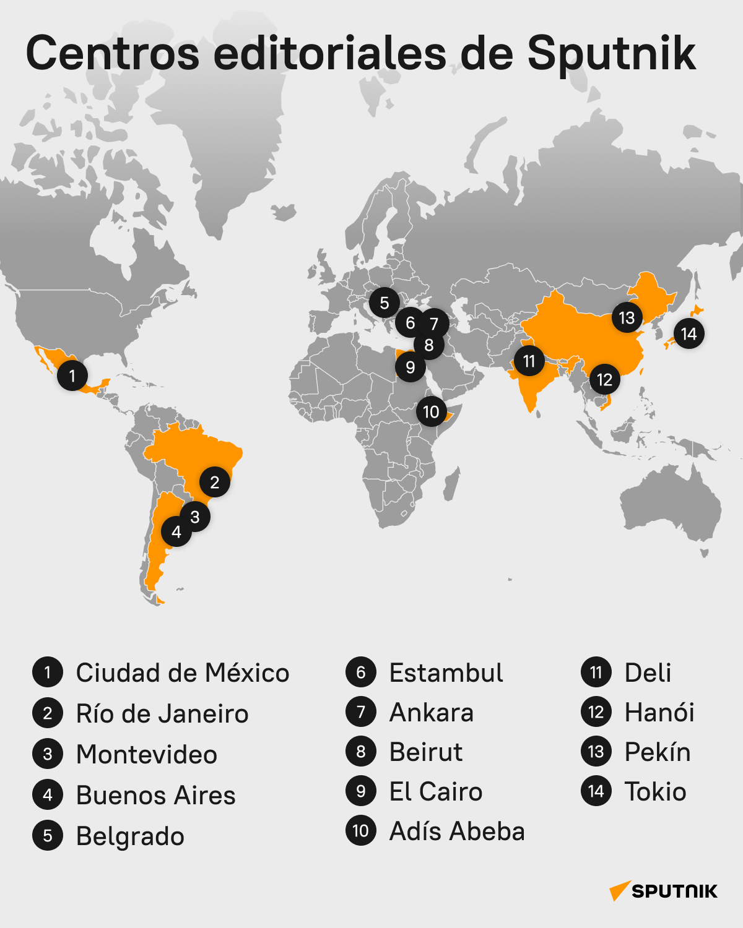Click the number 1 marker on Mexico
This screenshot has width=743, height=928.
click(72, 376)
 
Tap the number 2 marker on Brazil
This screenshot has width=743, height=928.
click(215, 482)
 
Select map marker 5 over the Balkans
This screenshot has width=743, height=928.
click(385, 303)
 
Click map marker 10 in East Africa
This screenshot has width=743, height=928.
click(431, 411)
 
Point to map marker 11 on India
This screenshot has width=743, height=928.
click(529, 361)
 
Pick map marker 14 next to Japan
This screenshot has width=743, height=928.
click(689, 334)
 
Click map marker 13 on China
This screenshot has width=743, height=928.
click(627, 317)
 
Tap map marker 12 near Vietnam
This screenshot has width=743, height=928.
click(604, 379)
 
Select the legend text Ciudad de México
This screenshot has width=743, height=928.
click(182, 673)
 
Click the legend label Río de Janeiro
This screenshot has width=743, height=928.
click(162, 714)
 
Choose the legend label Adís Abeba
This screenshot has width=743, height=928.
click(456, 831)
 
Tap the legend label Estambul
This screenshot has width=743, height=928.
click(446, 673)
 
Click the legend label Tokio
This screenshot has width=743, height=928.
click(655, 792)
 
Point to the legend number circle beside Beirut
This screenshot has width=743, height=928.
click(361, 752)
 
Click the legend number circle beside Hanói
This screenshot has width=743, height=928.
click(596, 713)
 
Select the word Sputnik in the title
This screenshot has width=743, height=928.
click(611, 53)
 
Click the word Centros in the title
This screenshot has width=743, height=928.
click(113, 53)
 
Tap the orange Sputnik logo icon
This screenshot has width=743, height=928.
click(619, 891)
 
